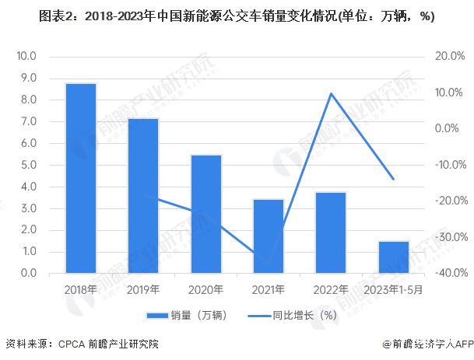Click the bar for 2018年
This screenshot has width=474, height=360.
click(81, 178)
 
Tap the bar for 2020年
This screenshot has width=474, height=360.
click(205, 214)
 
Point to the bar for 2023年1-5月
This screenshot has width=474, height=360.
click(393, 257)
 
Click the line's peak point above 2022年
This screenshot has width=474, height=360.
click(331, 93)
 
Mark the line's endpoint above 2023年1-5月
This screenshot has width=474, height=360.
click(393, 179)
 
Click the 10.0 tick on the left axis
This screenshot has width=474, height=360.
click(27, 57)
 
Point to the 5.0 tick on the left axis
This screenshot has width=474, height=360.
click(29, 165)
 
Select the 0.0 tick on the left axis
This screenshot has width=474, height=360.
click(29, 274)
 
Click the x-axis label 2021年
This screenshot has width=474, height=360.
click(269, 289)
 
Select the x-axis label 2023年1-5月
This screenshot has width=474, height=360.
click(393, 289)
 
